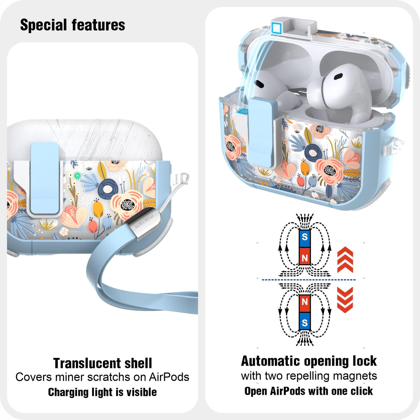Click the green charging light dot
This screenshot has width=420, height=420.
coord(77,175)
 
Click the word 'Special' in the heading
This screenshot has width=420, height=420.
coord(43,25)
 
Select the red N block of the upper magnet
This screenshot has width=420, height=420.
coord(304,256)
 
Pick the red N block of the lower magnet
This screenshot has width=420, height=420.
coord(304,303)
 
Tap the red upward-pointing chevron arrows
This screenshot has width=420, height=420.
coord(345,260)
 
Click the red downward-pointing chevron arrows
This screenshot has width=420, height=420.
coord(345,300)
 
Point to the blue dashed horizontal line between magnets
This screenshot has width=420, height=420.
coord(309,280)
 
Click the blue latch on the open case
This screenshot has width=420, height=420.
coord(261,133)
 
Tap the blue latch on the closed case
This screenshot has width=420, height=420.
coord(45,178)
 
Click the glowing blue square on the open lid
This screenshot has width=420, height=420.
coord(276,27)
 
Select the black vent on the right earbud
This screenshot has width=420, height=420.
coord(338,76)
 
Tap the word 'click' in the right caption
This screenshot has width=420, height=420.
coord(362,391)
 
